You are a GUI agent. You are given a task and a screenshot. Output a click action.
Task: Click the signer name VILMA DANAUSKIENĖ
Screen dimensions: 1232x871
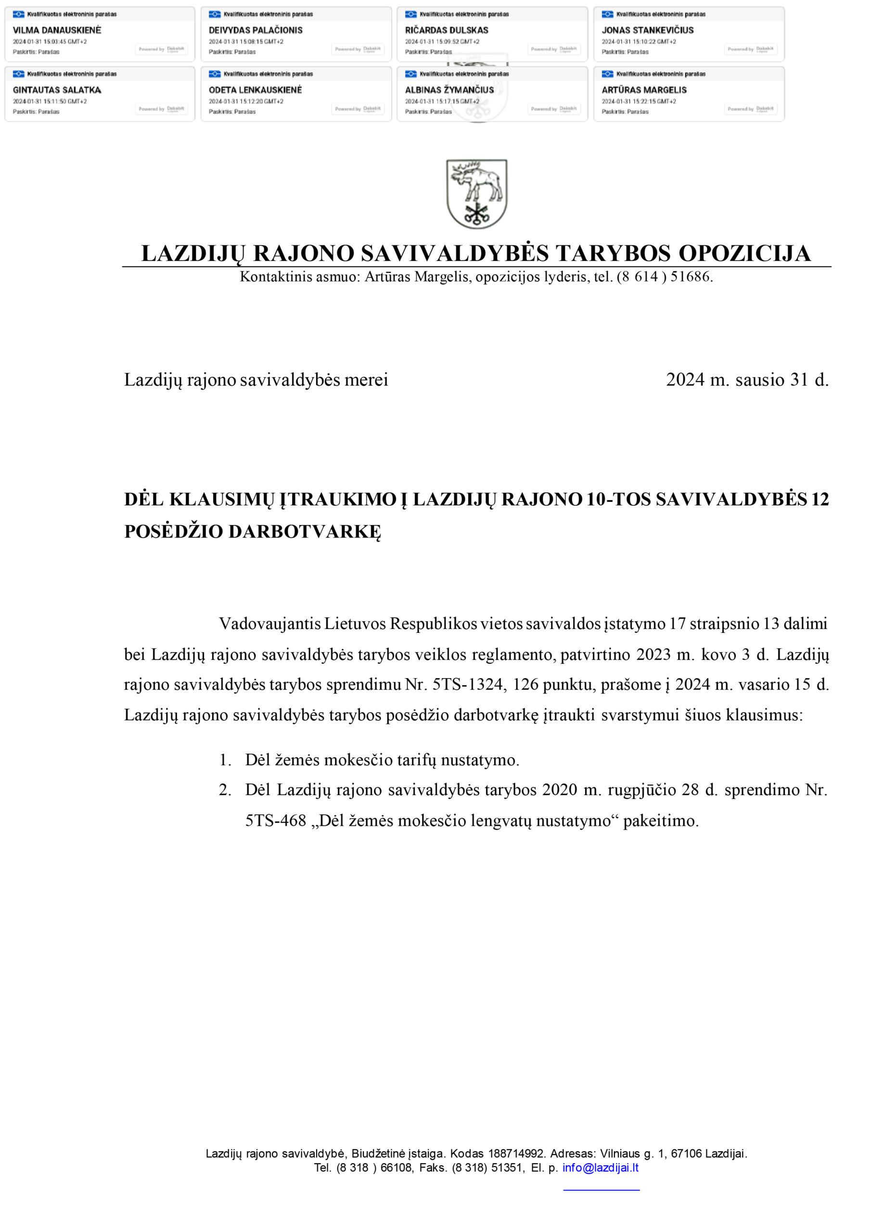coord(57,30)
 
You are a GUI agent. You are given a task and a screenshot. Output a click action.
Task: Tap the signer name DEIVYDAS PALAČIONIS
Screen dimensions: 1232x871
coord(256,30)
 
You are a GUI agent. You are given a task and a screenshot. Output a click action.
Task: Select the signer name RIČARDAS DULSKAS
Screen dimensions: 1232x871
coord(447,30)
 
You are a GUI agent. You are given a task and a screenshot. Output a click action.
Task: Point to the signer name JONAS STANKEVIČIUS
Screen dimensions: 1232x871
coord(647,30)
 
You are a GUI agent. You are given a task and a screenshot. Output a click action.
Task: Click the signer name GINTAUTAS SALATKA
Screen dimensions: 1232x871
coord(57,90)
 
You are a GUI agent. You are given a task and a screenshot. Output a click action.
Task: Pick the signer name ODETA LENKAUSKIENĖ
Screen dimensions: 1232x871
coord(255,90)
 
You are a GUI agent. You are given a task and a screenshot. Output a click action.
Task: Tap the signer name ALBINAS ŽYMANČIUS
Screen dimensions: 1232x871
coord(449,90)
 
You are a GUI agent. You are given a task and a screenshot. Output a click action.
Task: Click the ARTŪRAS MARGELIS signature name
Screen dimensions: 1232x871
coord(644,90)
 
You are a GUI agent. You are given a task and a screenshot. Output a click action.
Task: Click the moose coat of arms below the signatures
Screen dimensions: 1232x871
coord(476,194)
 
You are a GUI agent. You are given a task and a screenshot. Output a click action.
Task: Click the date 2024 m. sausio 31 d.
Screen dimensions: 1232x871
coord(747,380)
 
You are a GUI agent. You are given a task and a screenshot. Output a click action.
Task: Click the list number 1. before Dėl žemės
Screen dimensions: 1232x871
coord(225,760)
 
